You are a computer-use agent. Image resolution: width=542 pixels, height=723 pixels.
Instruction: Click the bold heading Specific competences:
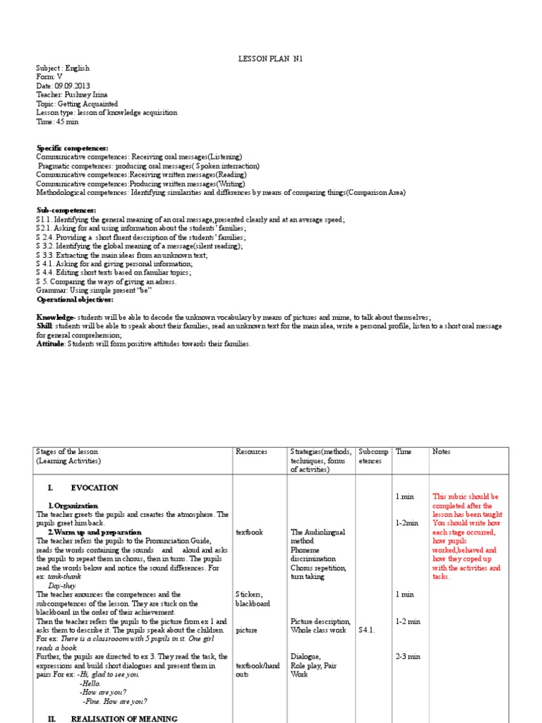73,148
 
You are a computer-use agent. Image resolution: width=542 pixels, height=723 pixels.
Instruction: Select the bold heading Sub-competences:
66,210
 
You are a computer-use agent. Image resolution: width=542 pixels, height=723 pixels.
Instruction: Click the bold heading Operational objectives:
74,299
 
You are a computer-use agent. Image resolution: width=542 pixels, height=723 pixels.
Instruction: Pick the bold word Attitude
52,344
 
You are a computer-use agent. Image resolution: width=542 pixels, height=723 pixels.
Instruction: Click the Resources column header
251,451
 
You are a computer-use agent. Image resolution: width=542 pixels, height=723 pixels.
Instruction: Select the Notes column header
441,451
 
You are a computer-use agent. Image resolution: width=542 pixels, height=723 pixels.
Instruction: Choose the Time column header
404,451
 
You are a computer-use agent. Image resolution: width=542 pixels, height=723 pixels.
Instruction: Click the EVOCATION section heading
95,488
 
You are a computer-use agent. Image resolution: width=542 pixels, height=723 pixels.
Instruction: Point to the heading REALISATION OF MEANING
124,719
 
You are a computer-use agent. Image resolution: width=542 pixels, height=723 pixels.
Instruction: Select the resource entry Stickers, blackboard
253,599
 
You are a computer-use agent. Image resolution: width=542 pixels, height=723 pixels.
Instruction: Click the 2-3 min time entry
409,657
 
